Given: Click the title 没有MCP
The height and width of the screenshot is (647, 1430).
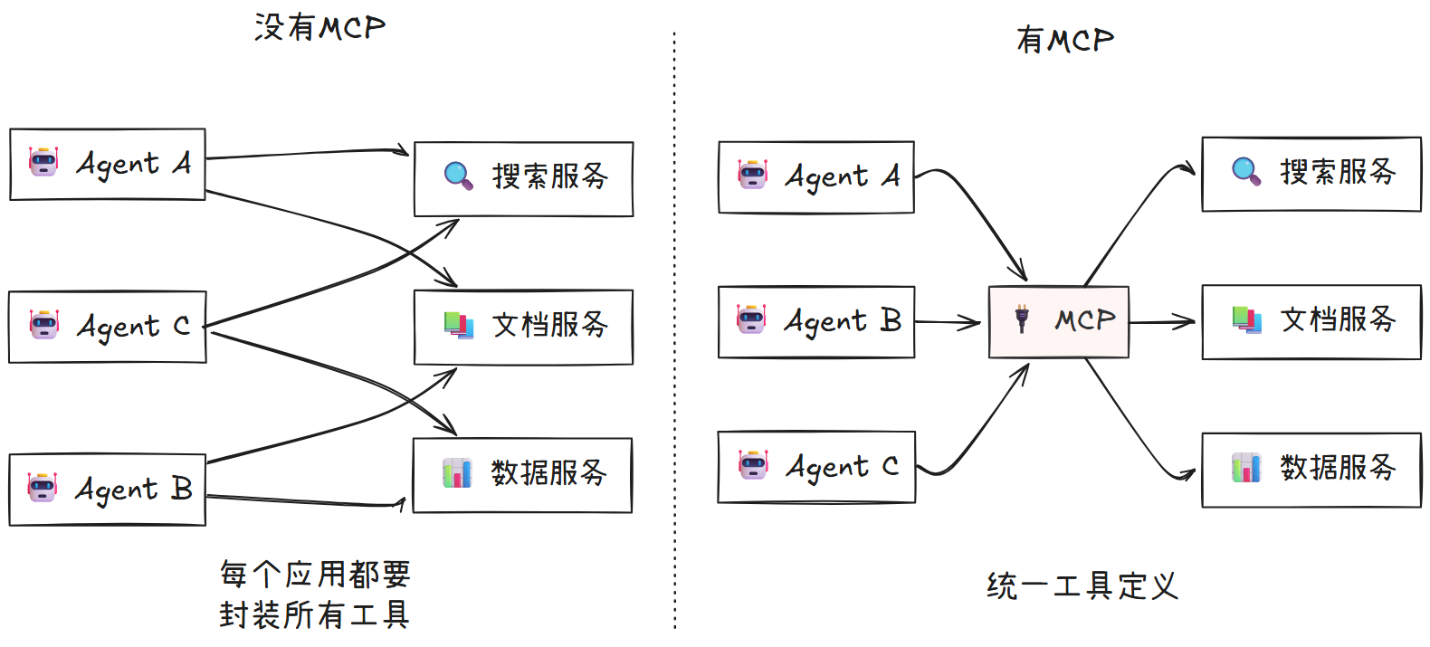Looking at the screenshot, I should click(319, 28).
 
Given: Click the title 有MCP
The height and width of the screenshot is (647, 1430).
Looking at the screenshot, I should click(1064, 40).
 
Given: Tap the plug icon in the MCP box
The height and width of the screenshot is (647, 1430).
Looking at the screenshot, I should click(1022, 319).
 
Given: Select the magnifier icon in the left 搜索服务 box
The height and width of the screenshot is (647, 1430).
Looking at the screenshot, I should click(459, 176).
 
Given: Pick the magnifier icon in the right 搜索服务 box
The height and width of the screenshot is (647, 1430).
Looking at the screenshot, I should click(1246, 171).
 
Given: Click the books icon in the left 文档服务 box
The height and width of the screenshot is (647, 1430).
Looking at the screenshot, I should click(459, 325).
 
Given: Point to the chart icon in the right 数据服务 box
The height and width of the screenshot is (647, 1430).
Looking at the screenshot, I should click(1246, 468).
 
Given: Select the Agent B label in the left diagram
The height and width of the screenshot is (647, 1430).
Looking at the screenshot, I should click(134, 490).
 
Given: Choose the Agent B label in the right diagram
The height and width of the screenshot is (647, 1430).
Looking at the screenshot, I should click(843, 321).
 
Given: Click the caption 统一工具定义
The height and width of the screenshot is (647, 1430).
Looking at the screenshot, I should click(1082, 586).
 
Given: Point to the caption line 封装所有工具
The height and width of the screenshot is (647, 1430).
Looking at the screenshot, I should click(315, 615).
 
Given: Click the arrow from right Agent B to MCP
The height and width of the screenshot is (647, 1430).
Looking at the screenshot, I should click(949, 321).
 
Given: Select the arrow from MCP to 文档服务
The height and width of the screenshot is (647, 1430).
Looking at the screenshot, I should click(1163, 321).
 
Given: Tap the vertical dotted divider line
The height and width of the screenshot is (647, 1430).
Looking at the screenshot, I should click(674, 326).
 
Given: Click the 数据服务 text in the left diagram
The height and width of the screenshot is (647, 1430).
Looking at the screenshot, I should click(548, 473).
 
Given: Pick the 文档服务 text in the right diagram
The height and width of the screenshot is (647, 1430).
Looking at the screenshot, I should click(1338, 319).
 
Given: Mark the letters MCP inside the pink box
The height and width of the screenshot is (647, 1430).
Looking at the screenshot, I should click(1084, 319).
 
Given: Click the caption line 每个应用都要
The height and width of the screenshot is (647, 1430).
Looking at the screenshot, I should click(315, 574).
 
